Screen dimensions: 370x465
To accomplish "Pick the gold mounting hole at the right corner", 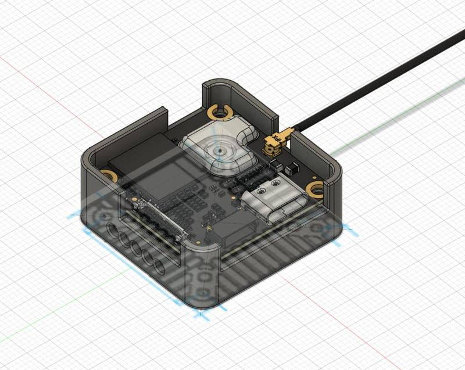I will point(316,188).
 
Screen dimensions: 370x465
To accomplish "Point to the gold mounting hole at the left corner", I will point(108,174).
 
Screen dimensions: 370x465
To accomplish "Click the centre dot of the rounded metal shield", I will point(219,150).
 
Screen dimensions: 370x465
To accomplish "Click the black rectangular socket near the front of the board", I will point(235,234).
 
